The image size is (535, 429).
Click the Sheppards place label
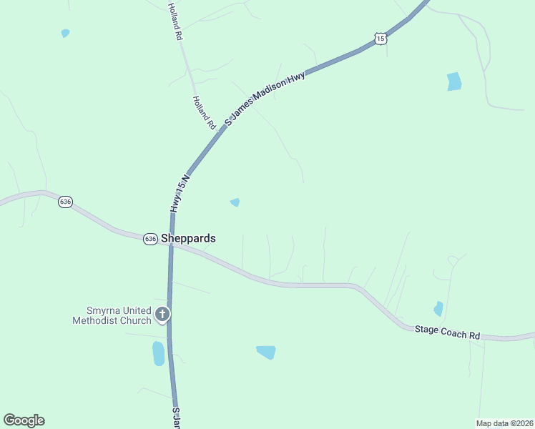pyautogui.click(x=188, y=238)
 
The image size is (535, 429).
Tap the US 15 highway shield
pyautogui.click(x=381, y=39)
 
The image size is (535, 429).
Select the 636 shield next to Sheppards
pyautogui.click(x=150, y=239)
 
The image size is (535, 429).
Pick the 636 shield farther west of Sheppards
pyautogui.click(x=66, y=202)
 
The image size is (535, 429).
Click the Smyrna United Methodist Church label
pyautogui.click(x=112, y=315)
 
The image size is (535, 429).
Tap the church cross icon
pyautogui.click(x=162, y=314)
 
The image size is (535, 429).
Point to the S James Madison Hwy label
pyautogui.click(x=265, y=99)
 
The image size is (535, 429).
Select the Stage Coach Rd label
pyautogui.click(x=448, y=332)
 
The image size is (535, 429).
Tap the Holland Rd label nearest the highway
pyautogui.click(x=204, y=112)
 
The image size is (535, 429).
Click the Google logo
pyautogui.click(x=24, y=420)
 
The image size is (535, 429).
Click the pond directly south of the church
pyautogui.click(x=158, y=353)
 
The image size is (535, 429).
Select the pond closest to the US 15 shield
pyautogui.click(x=454, y=82)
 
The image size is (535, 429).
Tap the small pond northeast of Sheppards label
pyautogui.click(x=235, y=202)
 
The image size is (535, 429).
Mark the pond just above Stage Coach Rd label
pyautogui.click(x=438, y=309)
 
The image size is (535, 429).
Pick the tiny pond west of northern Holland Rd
pyautogui.click(x=65, y=33)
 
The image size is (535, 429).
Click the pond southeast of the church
pyautogui.click(x=266, y=352)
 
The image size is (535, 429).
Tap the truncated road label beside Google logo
pyautogui.click(x=175, y=419)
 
